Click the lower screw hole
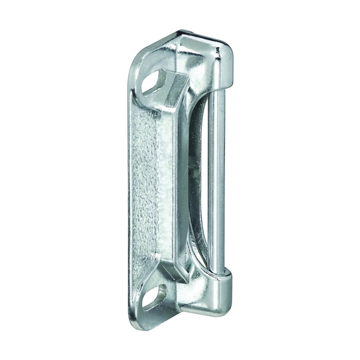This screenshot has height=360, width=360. tap(154, 296)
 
